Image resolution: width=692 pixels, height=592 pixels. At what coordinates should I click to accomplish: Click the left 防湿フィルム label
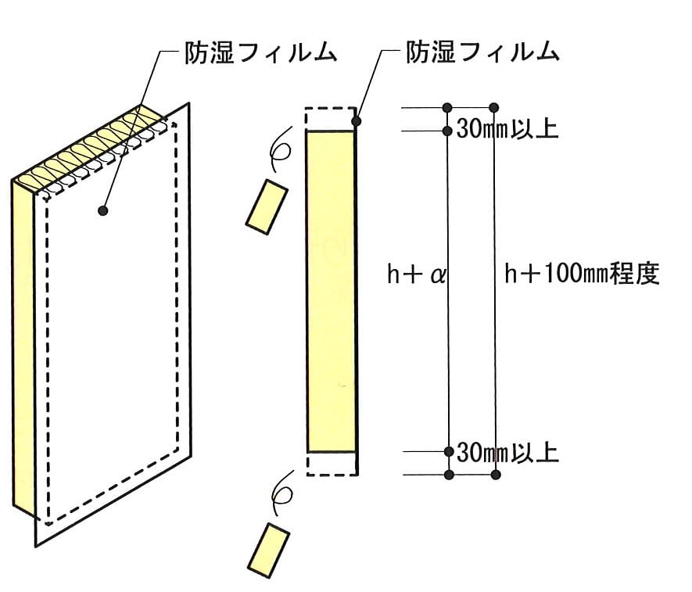[x=261, y=53]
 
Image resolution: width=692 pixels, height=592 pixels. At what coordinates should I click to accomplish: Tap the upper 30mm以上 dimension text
[x=507, y=129]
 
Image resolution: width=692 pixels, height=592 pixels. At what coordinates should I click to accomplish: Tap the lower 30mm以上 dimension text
[x=507, y=452]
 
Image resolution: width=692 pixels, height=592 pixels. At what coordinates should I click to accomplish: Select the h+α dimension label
[x=416, y=274]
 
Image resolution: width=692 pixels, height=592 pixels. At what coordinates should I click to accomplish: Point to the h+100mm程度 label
[x=582, y=274]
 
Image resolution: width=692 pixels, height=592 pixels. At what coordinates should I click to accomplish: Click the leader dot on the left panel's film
[x=103, y=210]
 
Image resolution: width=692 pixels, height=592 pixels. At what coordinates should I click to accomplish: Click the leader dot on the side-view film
[x=357, y=121]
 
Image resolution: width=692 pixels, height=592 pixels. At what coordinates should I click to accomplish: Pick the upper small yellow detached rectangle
[x=267, y=206]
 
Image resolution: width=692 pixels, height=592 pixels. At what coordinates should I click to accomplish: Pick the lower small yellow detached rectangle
[x=268, y=551]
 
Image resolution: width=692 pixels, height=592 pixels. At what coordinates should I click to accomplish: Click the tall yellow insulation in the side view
[x=331, y=292]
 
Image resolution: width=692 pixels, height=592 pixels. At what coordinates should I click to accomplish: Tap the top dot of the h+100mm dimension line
[x=494, y=108]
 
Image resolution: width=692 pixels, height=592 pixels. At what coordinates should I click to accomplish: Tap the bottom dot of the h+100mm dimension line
[x=496, y=475]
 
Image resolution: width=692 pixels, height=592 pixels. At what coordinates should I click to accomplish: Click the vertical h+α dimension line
[x=448, y=292]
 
